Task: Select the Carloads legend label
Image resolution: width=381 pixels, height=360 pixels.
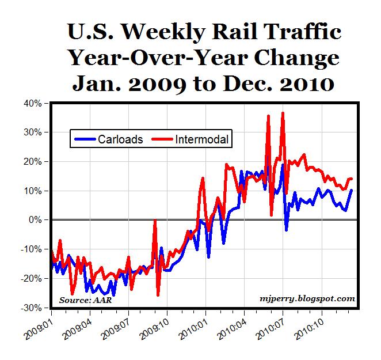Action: click(120, 139)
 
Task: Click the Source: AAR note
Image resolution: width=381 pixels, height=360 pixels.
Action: click(83, 300)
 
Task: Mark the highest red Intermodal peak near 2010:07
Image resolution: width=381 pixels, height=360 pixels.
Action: click(283, 113)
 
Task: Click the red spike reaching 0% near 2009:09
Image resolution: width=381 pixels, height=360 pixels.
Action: click(154, 221)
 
